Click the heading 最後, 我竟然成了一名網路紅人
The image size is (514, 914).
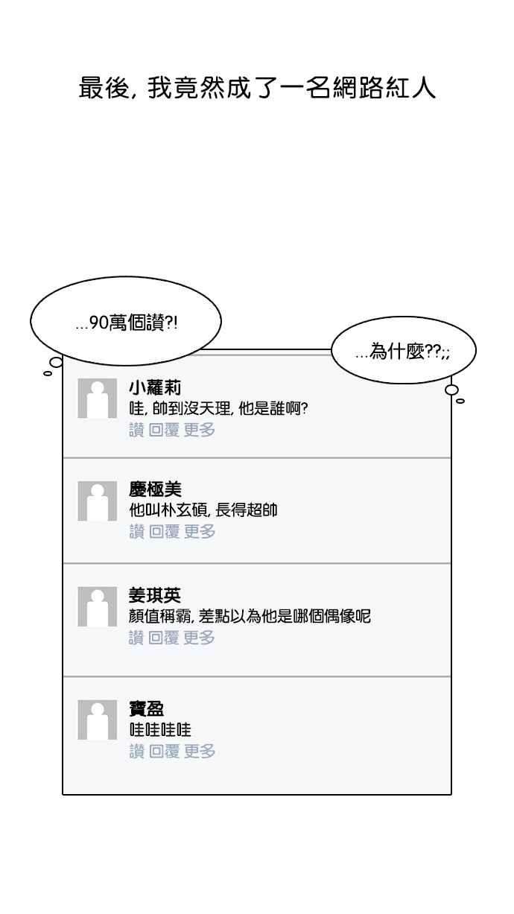257,88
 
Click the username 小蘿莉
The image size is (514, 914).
155,387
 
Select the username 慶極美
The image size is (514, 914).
155,489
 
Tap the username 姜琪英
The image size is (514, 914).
155,595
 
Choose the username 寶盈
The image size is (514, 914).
147,708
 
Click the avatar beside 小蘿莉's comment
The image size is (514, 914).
98,398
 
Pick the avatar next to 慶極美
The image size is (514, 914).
98,501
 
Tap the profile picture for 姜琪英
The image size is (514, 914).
98,606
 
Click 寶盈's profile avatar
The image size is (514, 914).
98,720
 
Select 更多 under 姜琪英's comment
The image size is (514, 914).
200,638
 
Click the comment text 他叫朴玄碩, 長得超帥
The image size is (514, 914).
203,511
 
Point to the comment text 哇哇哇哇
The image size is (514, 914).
160,730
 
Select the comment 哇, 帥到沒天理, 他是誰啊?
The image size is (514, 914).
218,408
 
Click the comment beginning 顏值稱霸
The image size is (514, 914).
250,617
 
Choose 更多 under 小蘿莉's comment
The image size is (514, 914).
200,429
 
